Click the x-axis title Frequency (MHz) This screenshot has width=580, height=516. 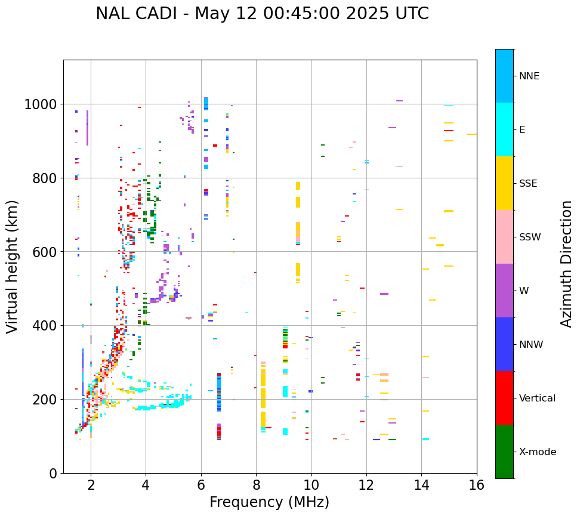(x=269, y=502)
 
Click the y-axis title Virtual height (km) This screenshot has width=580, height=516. (x=13, y=267)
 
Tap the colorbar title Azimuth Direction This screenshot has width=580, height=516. (x=566, y=264)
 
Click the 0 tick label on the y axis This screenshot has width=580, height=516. (x=53, y=473)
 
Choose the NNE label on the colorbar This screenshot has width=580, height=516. (x=529, y=76)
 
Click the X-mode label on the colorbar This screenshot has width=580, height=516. (x=538, y=452)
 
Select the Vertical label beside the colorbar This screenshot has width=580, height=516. (x=537, y=398)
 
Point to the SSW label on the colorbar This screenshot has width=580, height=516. (x=530, y=237)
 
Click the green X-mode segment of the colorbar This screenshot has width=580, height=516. (x=504, y=452)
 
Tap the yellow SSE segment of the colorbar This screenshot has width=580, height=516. (x=504, y=183)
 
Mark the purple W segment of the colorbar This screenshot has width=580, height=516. (x=504, y=291)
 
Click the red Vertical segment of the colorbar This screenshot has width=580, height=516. (x=504, y=398)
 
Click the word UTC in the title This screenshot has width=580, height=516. (x=412, y=14)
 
